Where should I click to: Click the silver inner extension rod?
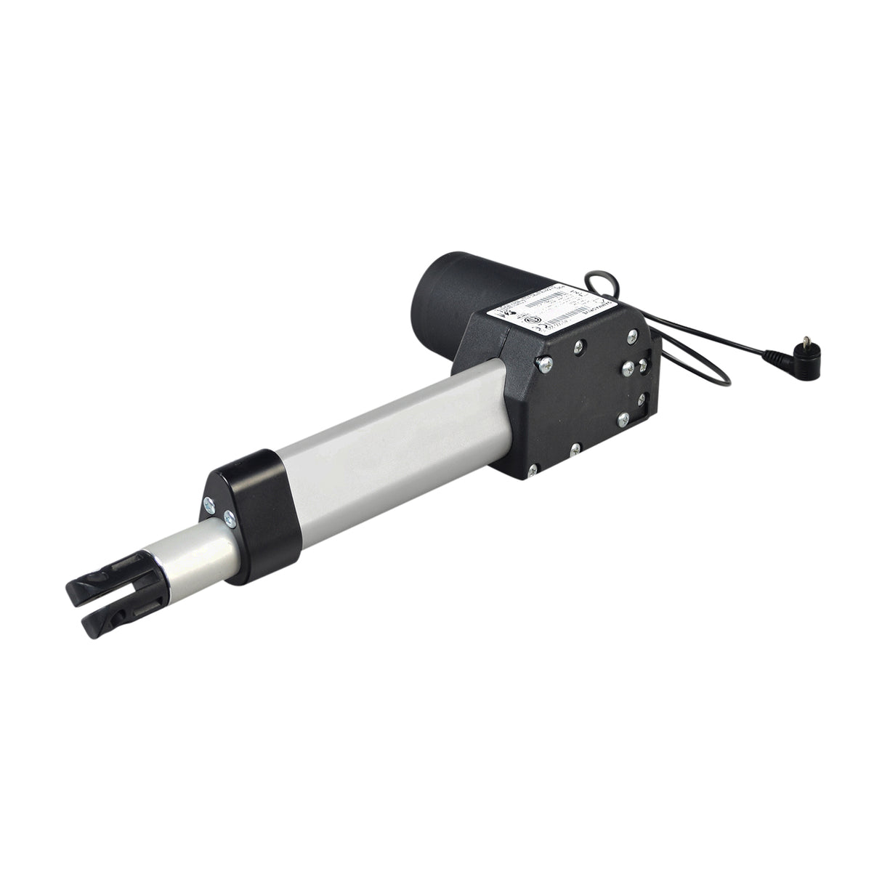196,548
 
